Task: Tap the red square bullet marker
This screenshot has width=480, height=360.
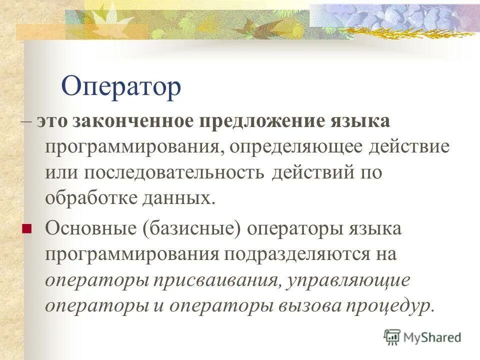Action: pos(27,229)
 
